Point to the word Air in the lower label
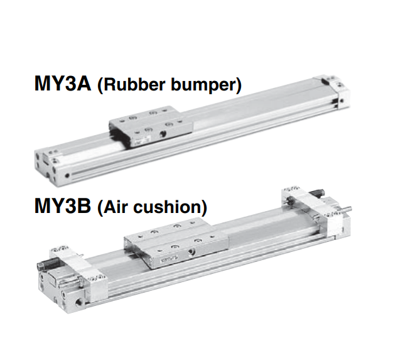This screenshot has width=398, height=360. (x=117, y=207)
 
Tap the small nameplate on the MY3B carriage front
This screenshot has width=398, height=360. (x=170, y=258)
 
